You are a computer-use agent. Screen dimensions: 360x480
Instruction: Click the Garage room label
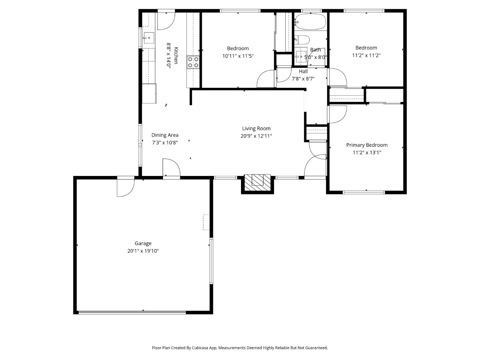[x=143, y=243]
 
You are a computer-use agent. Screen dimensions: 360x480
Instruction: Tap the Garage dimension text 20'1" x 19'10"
[x=143, y=251]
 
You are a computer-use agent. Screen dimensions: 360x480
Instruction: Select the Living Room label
[x=256, y=128]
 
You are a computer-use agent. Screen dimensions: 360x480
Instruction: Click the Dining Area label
[x=165, y=135]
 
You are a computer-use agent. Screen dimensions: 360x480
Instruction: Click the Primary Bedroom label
[x=367, y=145]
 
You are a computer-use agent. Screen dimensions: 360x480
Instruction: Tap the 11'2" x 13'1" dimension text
[x=367, y=153]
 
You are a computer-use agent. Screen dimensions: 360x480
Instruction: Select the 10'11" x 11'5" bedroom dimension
[x=238, y=56]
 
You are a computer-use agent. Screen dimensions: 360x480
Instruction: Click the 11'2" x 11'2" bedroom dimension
[x=366, y=55]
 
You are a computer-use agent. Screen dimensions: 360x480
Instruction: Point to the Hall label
[x=303, y=71]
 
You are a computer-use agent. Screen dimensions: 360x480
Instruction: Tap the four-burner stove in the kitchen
[x=193, y=62]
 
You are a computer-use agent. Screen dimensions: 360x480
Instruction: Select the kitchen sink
[x=149, y=38]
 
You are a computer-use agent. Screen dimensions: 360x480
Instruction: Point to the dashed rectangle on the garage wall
[x=206, y=222]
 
